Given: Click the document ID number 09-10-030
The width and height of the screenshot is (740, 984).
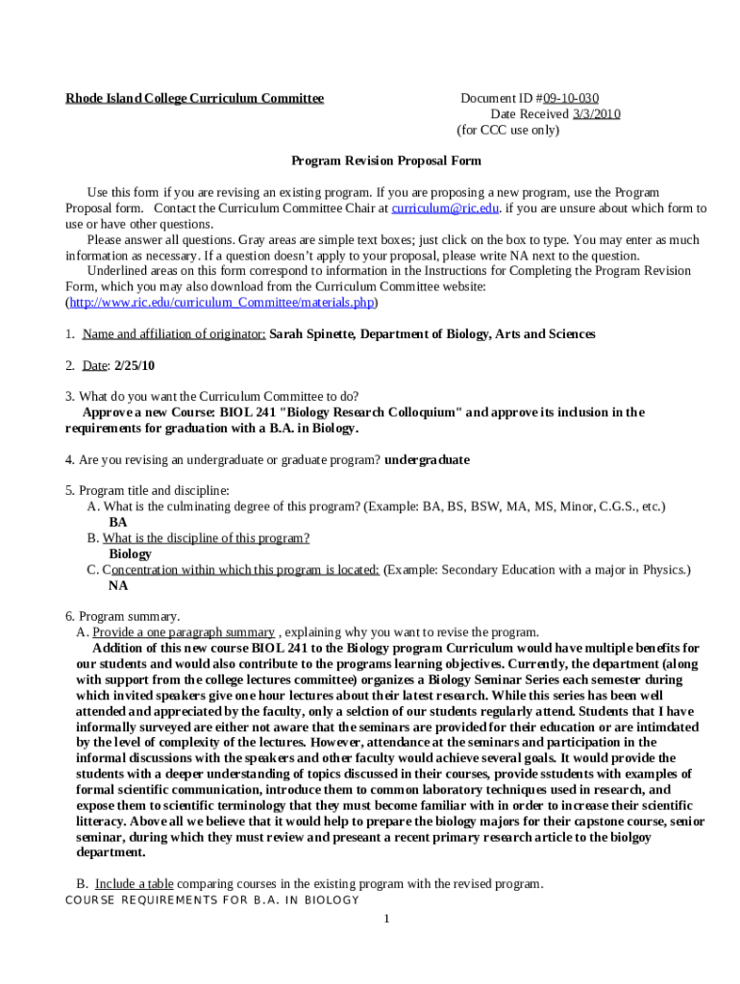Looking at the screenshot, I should [571, 98].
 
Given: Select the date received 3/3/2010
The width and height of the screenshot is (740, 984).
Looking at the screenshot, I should [597, 114].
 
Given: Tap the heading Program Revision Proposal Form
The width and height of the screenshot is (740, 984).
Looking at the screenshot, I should [386, 161].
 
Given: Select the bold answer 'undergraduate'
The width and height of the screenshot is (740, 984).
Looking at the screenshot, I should [427, 460].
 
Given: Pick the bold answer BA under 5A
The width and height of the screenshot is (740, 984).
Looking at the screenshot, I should [118, 523].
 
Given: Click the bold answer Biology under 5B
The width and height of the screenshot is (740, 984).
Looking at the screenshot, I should [130, 554].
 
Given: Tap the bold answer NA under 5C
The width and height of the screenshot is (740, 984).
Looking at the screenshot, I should [118, 585].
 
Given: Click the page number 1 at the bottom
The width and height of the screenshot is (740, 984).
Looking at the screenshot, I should [385, 920].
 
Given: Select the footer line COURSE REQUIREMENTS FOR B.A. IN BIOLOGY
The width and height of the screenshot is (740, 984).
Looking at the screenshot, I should [212, 900].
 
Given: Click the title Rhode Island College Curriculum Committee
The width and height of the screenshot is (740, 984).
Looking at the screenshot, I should [194, 98].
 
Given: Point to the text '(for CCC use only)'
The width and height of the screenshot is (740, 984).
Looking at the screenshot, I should [507, 130].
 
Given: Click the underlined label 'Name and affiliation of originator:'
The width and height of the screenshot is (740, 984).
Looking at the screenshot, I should [174, 334].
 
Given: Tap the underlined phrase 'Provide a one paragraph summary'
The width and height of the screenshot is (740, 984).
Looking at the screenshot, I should [184, 632].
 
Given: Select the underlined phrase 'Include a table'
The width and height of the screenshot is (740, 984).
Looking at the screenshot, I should [134, 884].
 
